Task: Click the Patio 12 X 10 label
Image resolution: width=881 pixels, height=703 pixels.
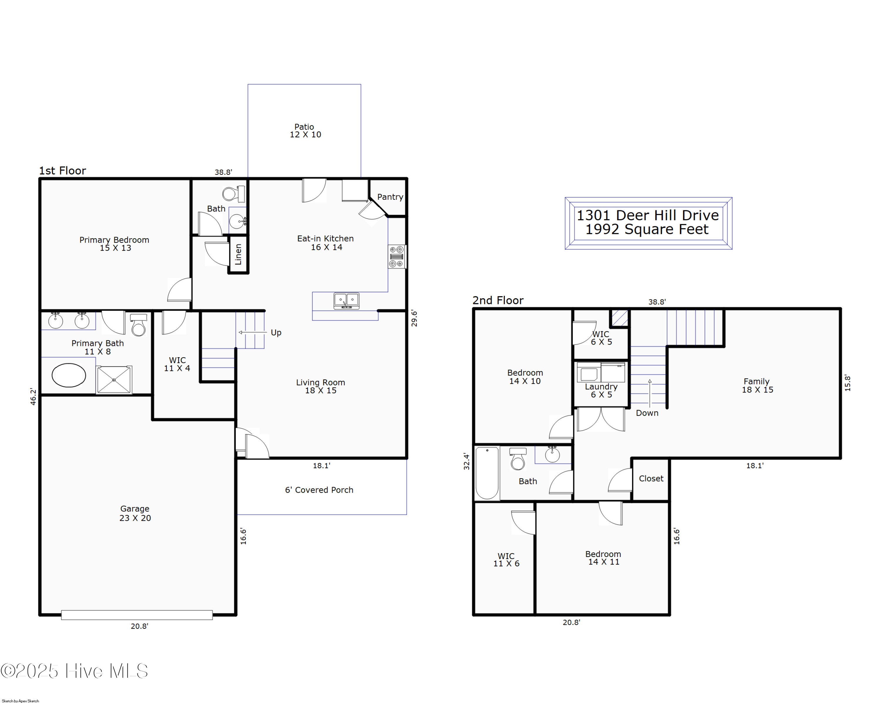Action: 305,131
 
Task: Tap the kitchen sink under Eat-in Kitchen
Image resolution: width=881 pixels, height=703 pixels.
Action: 346,301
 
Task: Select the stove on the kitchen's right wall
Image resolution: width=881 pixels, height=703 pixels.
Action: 396,257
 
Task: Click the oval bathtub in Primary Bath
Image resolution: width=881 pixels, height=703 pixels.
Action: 69,375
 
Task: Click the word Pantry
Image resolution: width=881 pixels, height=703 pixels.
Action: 390,197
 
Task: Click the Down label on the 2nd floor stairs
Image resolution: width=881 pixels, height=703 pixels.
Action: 647,413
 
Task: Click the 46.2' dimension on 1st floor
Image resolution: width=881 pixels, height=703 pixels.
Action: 33,397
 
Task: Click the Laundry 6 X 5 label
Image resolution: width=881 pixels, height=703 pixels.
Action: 601,390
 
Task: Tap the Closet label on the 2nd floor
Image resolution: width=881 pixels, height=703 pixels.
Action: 651,479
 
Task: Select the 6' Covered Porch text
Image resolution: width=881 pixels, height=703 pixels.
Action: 319,490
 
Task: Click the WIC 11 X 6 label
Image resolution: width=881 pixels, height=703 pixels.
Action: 506,560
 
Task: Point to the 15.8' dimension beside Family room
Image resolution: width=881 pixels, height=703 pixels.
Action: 848,383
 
